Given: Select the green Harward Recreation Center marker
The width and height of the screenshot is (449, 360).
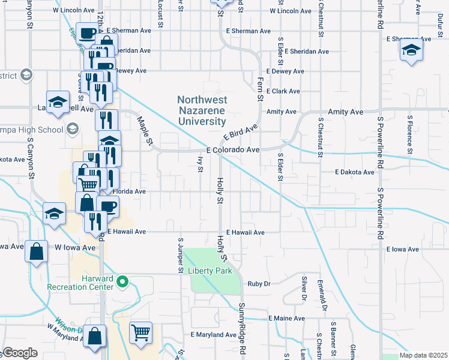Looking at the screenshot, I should pos(122,280).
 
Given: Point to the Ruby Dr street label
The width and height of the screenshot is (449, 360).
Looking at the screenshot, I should pos(260,284).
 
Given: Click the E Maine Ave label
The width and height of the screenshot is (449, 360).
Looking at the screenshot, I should pos(287,318).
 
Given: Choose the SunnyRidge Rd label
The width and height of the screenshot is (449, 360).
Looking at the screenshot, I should pos(243,328).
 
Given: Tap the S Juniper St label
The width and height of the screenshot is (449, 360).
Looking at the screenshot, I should pos(179,256).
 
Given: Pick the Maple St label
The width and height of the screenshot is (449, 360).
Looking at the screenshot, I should pos(146,130).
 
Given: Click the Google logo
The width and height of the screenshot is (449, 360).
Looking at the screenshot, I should pos(20,352).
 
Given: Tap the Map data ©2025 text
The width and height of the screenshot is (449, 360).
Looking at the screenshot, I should pos(423,355).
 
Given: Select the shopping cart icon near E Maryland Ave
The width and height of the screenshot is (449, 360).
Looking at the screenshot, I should pos(140,332).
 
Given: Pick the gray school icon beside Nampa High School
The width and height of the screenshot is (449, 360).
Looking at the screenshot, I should pos(73,129).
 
